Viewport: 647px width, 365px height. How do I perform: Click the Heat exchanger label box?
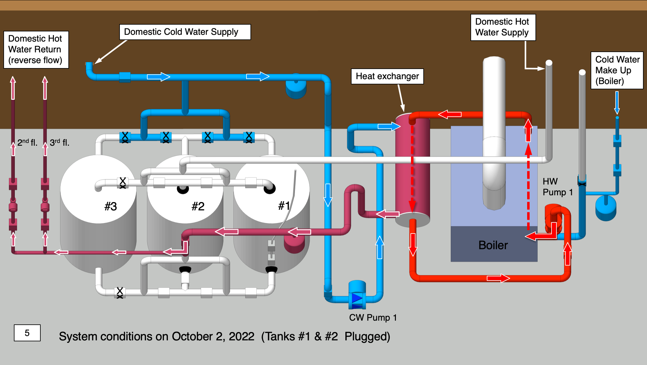pyautogui.click(x=387, y=76)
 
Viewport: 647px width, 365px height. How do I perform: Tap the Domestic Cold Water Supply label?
pyautogui.click(x=185, y=32)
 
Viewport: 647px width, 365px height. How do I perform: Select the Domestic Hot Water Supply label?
pyautogui.click(x=503, y=27)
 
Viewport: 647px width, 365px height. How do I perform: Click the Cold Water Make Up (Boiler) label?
pyautogui.click(x=617, y=70)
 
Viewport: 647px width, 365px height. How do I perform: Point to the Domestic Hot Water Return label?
pyautogui.click(x=36, y=49)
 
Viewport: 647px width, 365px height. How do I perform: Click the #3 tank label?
pyautogui.click(x=111, y=206)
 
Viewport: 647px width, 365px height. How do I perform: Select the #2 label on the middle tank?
pyautogui.click(x=198, y=206)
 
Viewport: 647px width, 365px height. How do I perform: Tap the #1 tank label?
pyautogui.click(x=284, y=205)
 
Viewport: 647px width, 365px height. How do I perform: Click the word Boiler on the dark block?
pyautogui.click(x=493, y=245)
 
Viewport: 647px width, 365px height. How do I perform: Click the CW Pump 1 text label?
pyautogui.click(x=373, y=317)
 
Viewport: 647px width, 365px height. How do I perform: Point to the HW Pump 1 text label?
pyautogui.click(x=557, y=187)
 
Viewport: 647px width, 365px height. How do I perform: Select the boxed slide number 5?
pyautogui.click(x=27, y=333)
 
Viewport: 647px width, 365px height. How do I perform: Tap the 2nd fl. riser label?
pyautogui.click(x=27, y=142)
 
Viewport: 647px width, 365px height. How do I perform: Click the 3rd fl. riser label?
pyautogui.click(x=59, y=142)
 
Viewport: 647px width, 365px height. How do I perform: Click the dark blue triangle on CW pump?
pyautogui.click(x=357, y=298)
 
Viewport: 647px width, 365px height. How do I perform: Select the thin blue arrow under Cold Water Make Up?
pyautogui.click(x=617, y=103)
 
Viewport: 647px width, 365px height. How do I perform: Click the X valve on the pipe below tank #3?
pyautogui.click(x=120, y=292)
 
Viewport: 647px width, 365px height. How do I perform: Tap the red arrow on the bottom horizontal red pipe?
pyautogui.click(x=498, y=278)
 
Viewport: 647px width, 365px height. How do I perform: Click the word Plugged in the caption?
pyautogui.click(x=367, y=336)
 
